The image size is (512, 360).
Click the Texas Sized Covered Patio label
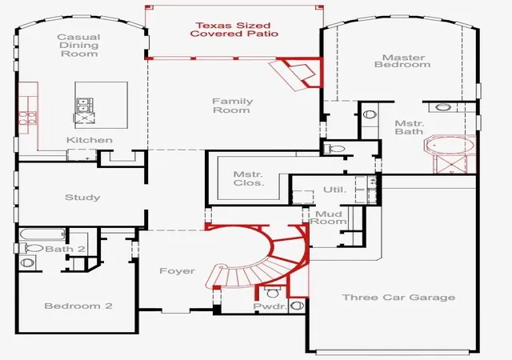click(x=234, y=30)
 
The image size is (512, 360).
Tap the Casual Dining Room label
click(x=79, y=46)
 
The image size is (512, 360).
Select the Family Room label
click(x=233, y=106)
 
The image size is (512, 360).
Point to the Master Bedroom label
click(x=402, y=61)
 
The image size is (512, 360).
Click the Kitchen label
click(x=89, y=140)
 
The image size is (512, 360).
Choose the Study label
click(x=82, y=198)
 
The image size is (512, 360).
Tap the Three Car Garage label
click(x=398, y=298)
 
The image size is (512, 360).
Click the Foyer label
click(x=177, y=271)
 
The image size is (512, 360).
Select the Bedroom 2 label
click(x=78, y=306)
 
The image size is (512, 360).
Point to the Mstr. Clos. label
click(x=249, y=178)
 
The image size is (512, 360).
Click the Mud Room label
click(x=329, y=218)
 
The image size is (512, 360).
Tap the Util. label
click(x=334, y=190)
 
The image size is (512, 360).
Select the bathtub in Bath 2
click(x=42, y=234)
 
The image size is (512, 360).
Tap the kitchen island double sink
click(x=84, y=105)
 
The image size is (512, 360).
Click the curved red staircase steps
click(x=258, y=262)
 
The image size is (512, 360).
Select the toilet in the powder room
click(x=273, y=292)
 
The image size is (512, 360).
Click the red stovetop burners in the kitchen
click(x=27, y=118)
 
